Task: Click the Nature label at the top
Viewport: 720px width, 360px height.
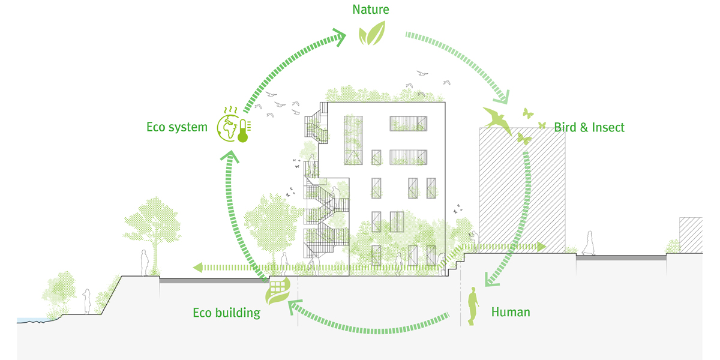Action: point(371,10)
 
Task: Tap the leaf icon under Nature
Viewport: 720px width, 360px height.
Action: point(372,33)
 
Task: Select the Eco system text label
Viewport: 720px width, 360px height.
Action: point(177,127)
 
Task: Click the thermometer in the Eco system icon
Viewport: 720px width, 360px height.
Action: point(244,131)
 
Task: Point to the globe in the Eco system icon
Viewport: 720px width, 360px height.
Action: point(227,128)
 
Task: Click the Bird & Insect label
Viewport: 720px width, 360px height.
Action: point(589,128)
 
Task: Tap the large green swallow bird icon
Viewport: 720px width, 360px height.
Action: point(497,121)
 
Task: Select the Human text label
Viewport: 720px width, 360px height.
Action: point(511,312)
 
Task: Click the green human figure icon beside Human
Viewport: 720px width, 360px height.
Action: point(473,305)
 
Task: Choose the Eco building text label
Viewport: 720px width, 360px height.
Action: point(227,313)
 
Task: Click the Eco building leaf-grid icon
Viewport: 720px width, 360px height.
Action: point(278,291)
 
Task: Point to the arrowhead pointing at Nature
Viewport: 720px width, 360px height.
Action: point(339,37)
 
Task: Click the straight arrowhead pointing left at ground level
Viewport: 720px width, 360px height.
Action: point(198,268)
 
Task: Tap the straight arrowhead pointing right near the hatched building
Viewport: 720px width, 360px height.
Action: point(541,247)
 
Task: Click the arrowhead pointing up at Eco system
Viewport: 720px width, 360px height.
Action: point(230,156)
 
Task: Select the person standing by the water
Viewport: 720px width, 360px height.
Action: point(87,301)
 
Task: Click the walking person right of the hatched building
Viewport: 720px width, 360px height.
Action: point(589,243)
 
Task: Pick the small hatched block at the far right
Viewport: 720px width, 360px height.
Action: point(691,235)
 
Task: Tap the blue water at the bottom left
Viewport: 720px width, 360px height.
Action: point(32,320)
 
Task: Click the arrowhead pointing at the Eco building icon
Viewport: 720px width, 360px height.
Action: point(295,307)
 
